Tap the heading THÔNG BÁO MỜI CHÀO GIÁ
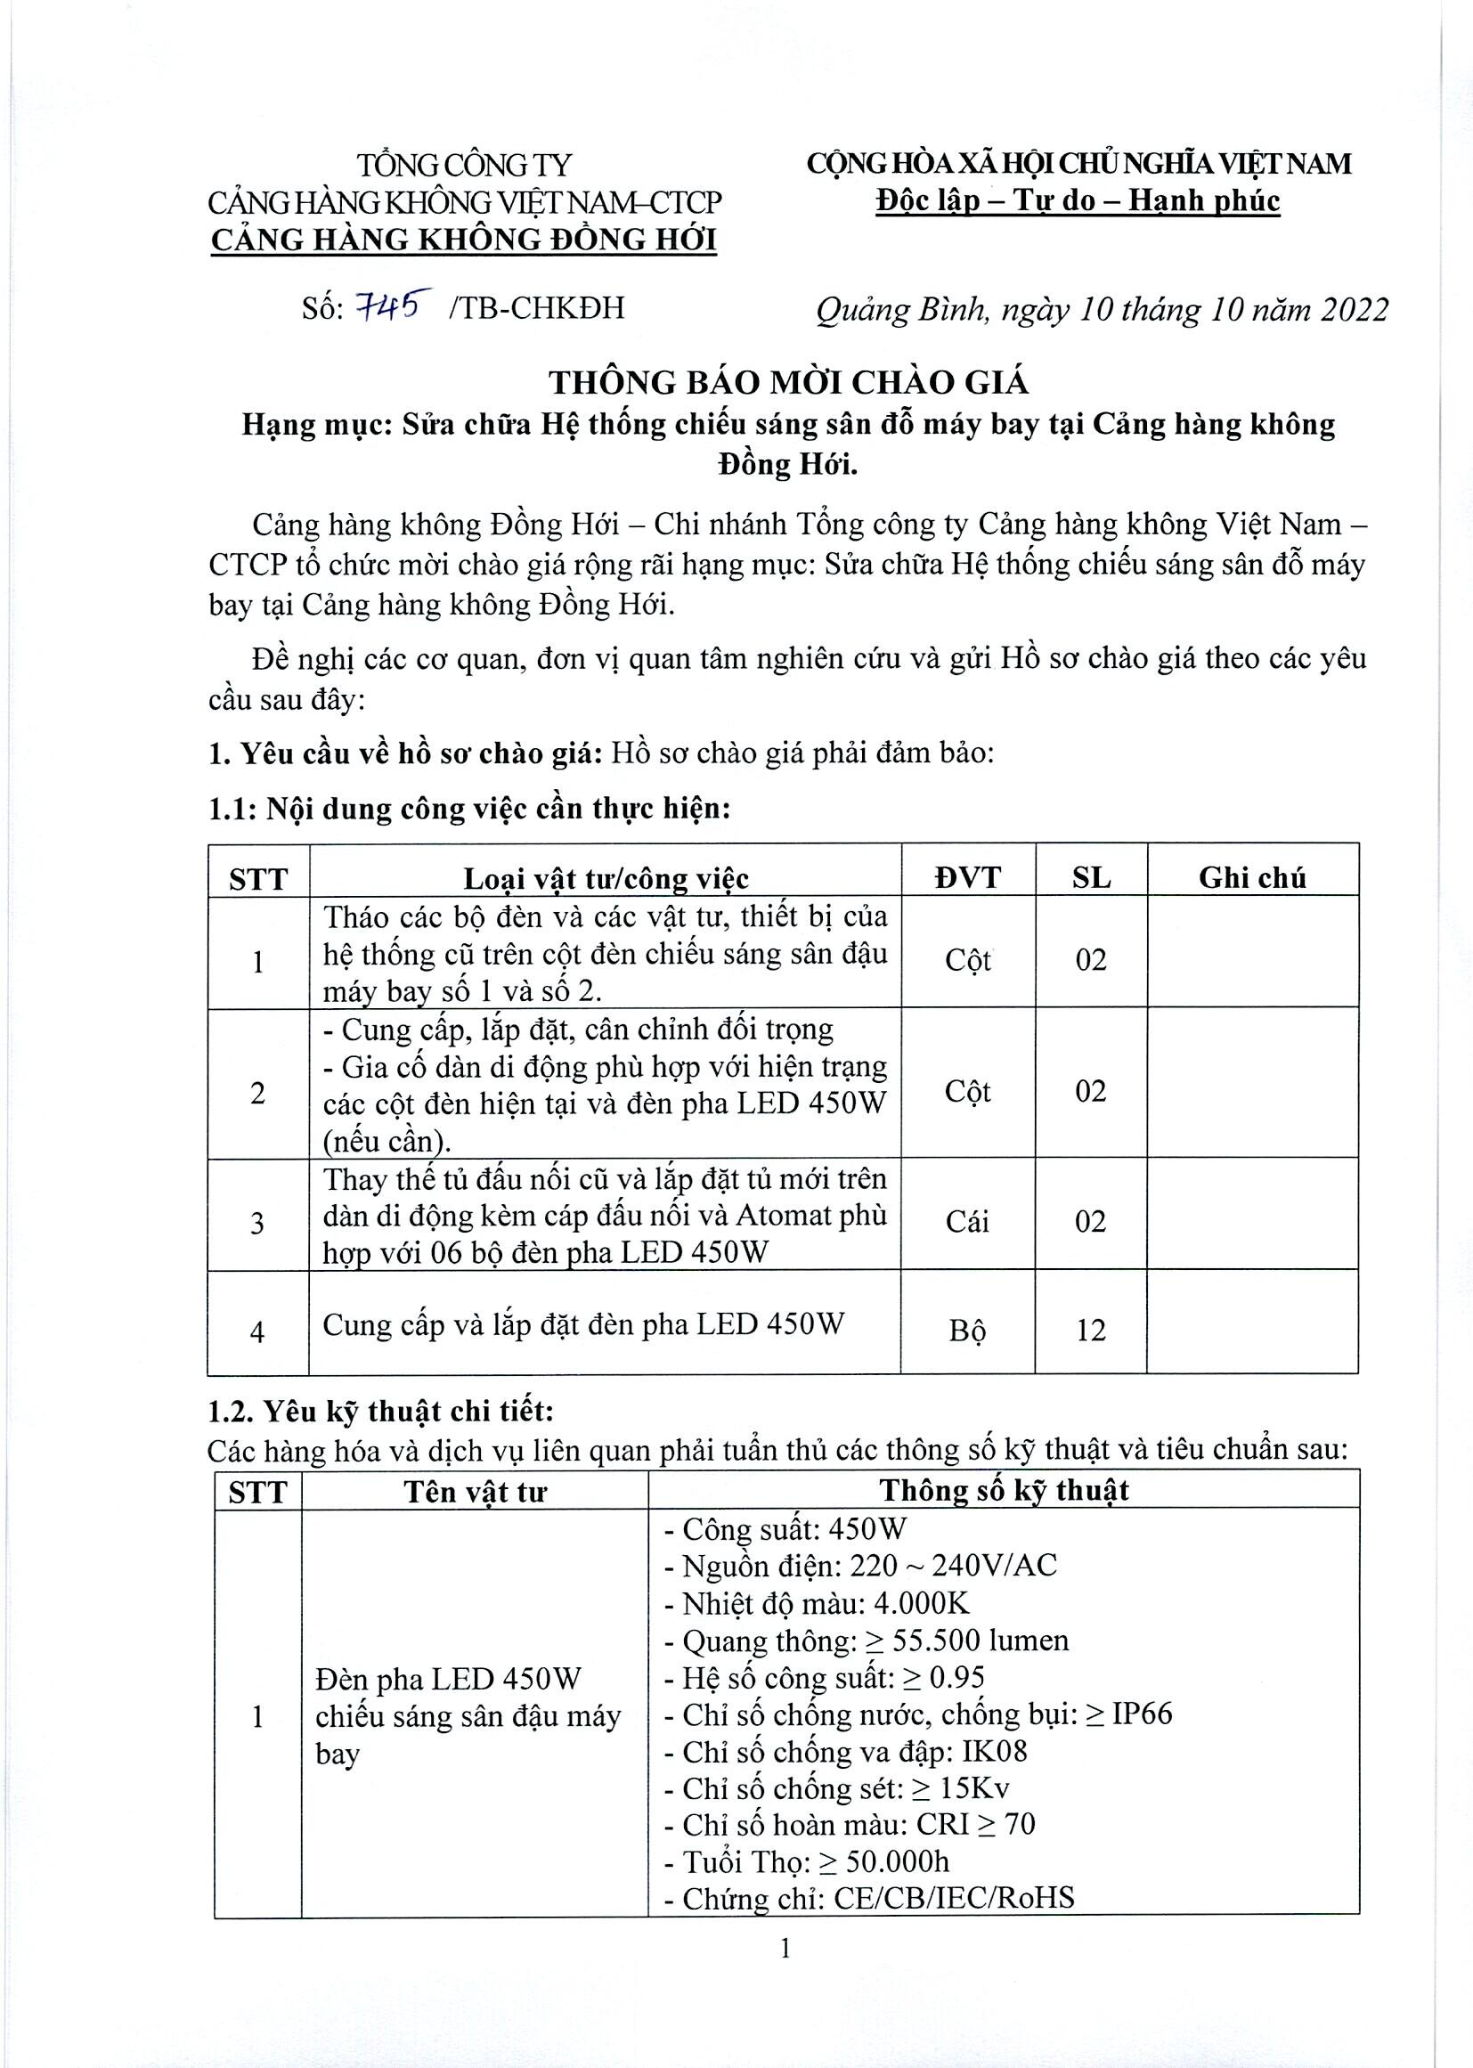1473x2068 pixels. click(788, 383)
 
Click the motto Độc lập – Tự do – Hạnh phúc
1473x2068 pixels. click(1078, 200)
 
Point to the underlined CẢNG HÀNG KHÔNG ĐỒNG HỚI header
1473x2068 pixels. click(463, 240)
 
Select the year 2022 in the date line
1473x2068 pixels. click(1355, 310)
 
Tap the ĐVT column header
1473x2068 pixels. click(967, 877)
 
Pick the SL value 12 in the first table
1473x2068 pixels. click(1090, 1331)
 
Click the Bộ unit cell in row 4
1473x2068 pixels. click(967, 1331)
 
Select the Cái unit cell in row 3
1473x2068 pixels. click(967, 1222)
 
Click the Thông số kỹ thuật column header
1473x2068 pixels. click(1003, 1490)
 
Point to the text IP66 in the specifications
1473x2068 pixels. click(1142, 1714)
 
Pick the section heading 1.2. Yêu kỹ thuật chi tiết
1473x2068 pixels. click(380, 1412)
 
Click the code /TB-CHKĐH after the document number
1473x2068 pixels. click(536, 308)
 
